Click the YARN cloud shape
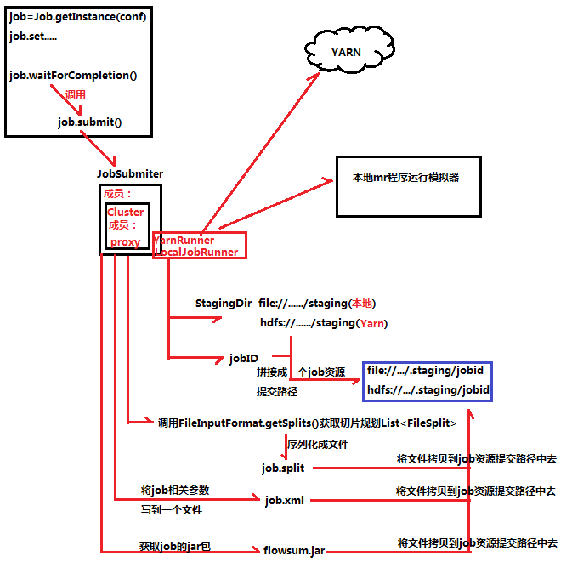[346, 52]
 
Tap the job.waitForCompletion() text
[73, 75]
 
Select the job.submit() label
[89, 122]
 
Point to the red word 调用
[76, 94]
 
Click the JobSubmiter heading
[129, 173]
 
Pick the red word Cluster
[125, 212]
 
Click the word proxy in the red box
[126, 241]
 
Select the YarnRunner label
[184, 240]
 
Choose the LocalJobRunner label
[195, 252]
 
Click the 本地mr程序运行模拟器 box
[405, 179]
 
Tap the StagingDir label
[223, 304]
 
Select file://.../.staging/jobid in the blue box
[425, 371]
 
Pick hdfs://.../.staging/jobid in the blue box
[428, 390]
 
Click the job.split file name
[283, 468]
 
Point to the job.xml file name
[285, 501]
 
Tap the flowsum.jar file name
[294, 551]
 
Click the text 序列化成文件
[317, 444]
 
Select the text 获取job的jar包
[174, 545]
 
